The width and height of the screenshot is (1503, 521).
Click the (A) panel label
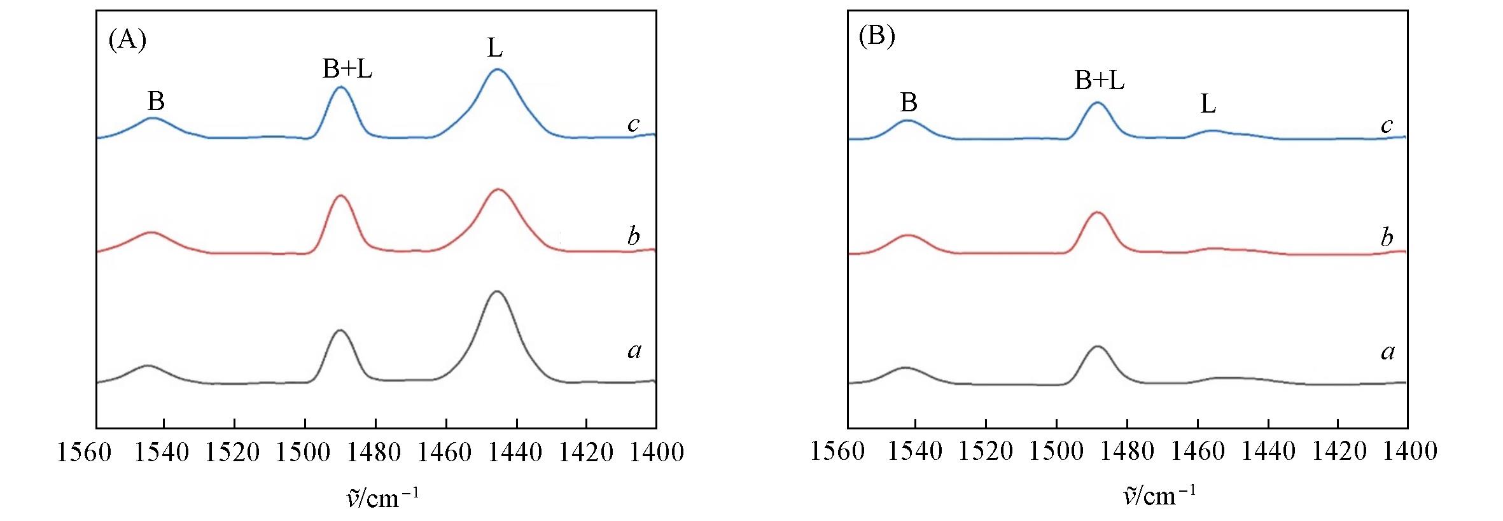pos(127,40)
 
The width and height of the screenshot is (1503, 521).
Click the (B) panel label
pos(877,36)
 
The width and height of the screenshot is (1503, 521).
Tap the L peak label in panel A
pos(495,48)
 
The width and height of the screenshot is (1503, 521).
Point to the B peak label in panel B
pos(909,102)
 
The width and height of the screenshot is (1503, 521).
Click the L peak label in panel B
pos(1208,104)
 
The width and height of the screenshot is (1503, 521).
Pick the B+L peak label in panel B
pos(1099,81)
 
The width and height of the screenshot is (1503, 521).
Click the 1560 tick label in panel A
pos(84,452)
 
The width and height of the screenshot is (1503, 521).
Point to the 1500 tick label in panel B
pos(1056,451)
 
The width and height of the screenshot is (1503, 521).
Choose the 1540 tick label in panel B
pos(915,451)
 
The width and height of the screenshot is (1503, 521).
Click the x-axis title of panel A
pos(382,497)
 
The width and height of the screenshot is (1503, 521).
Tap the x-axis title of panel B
pos(1159,494)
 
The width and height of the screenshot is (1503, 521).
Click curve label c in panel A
pos(633,124)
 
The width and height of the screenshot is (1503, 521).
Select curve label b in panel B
pos(1387,237)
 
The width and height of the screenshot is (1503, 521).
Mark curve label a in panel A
pos(634,351)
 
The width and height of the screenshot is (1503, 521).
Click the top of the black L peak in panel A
pos(496,291)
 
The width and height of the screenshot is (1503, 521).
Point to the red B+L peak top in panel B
pos(1096,212)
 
